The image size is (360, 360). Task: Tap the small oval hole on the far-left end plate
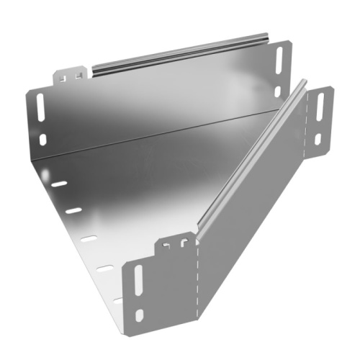pos(43,139)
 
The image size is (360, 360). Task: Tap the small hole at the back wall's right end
pos(278,91)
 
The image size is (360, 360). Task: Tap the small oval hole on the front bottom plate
pos(139,315)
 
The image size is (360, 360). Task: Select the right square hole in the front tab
pos(178,243)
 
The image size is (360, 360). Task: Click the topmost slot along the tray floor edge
pos(58,184)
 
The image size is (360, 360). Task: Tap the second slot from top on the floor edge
pos(73,211)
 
